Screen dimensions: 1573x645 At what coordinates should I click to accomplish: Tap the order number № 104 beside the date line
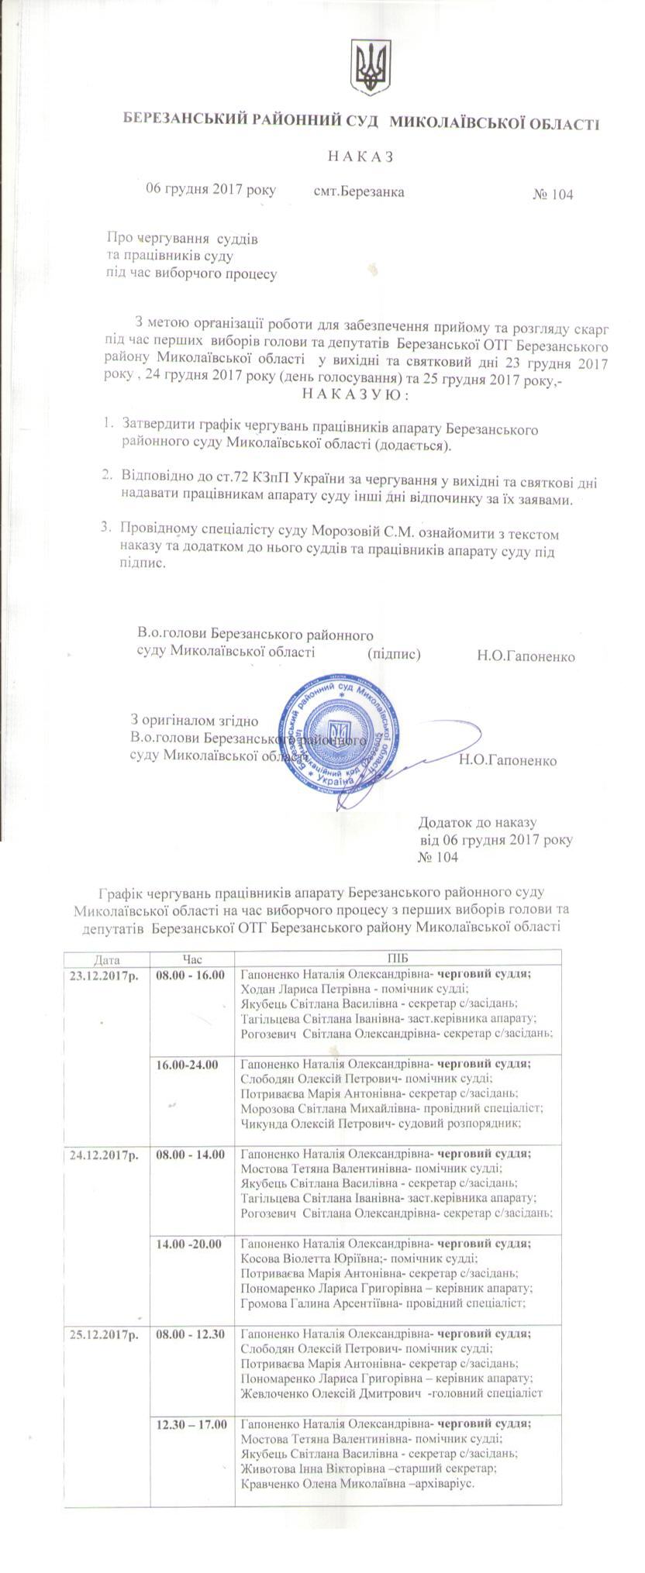point(553,194)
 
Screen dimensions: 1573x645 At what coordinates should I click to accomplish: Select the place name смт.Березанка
point(359,191)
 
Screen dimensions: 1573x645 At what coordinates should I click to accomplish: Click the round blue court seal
point(343,733)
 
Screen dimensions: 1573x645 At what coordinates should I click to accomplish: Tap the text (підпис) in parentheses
point(394,654)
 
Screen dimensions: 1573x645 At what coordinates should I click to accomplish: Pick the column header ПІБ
point(397,959)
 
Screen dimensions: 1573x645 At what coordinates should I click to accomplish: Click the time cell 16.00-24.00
point(187,1065)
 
